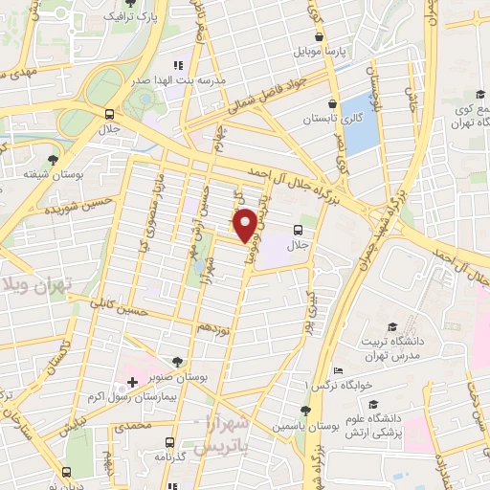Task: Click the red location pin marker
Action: pyautogui.click(x=246, y=224)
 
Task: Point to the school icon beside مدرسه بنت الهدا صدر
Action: pyautogui.click(x=178, y=65)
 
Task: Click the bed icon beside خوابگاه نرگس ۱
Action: pyautogui.click(x=336, y=370)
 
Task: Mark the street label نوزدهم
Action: pyautogui.click(x=212, y=328)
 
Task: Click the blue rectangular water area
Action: pyautogui.click(x=358, y=123)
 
